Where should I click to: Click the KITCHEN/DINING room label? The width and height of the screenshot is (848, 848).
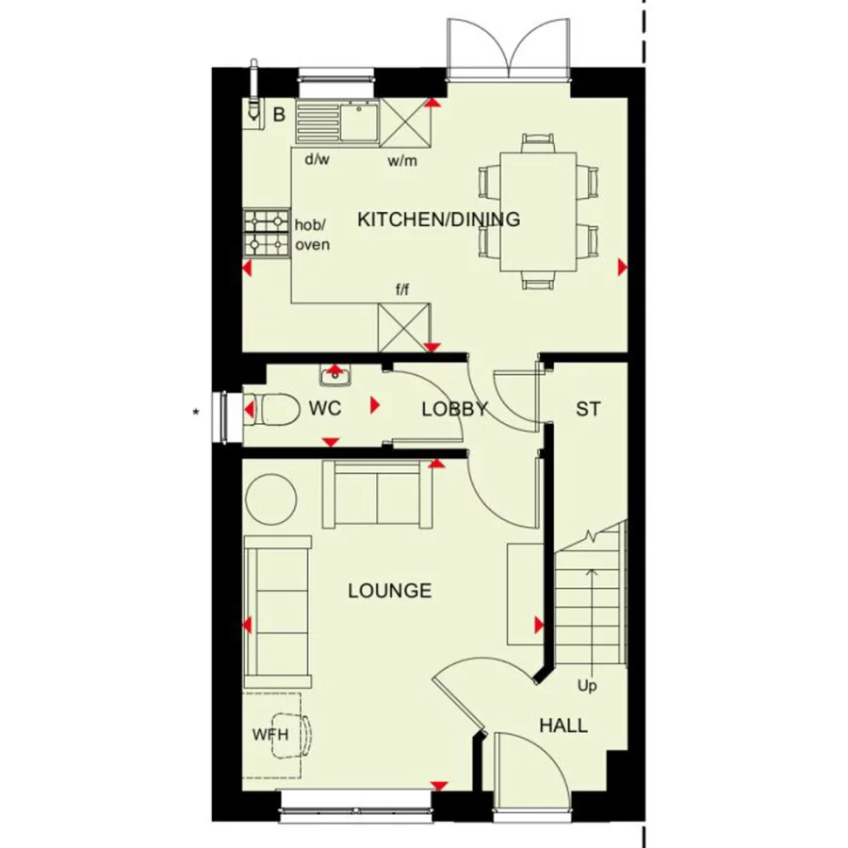click(x=438, y=220)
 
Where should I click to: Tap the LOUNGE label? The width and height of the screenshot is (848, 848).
click(x=389, y=591)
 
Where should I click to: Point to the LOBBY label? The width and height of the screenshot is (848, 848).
click(x=454, y=409)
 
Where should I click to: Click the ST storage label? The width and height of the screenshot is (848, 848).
click(x=588, y=409)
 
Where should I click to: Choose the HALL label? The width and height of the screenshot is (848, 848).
click(x=563, y=726)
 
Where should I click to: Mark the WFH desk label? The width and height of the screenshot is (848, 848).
click(x=269, y=734)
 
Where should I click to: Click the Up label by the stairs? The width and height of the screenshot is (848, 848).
click(x=588, y=685)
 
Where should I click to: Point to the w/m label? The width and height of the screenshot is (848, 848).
click(x=401, y=160)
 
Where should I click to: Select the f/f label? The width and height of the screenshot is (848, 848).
click(x=401, y=287)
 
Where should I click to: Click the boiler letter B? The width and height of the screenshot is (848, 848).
click(x=279, y=116)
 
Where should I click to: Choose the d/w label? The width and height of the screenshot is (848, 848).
click(x=317, y=159)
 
